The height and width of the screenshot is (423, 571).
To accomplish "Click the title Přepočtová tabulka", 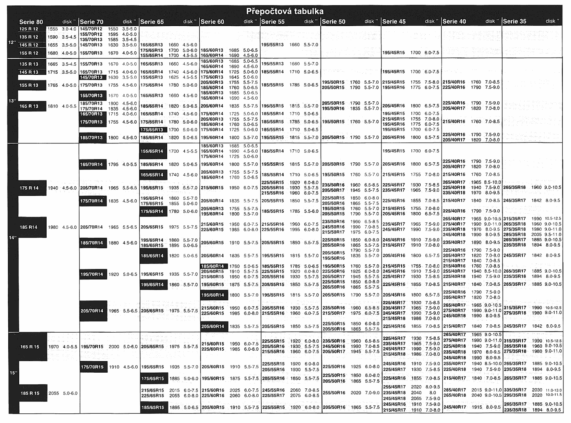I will (285, 11).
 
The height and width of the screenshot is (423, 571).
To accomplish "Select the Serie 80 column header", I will (31, 22).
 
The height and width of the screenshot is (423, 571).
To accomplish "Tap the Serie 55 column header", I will (273, 22).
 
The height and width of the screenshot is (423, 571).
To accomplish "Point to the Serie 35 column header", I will (514, 21).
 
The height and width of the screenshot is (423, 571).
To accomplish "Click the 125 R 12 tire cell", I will (29, 29).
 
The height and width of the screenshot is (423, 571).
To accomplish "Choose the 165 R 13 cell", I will (29, 106).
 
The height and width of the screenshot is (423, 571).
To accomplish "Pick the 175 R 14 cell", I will (29, 188).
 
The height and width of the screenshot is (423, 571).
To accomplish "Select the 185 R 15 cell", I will (30, 393).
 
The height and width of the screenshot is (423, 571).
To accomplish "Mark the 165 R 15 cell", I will (30, 347).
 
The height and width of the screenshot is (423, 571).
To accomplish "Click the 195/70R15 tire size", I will (92, 347).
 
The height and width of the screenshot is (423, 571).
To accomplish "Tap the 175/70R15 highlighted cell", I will (92, 367).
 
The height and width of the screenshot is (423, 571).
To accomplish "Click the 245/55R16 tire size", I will (273, 390).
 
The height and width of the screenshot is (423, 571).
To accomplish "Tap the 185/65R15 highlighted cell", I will (153, 408).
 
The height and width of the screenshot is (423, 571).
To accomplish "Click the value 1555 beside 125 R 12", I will (52, 29).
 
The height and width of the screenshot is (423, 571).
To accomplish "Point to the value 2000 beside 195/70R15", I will (114, 347).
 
